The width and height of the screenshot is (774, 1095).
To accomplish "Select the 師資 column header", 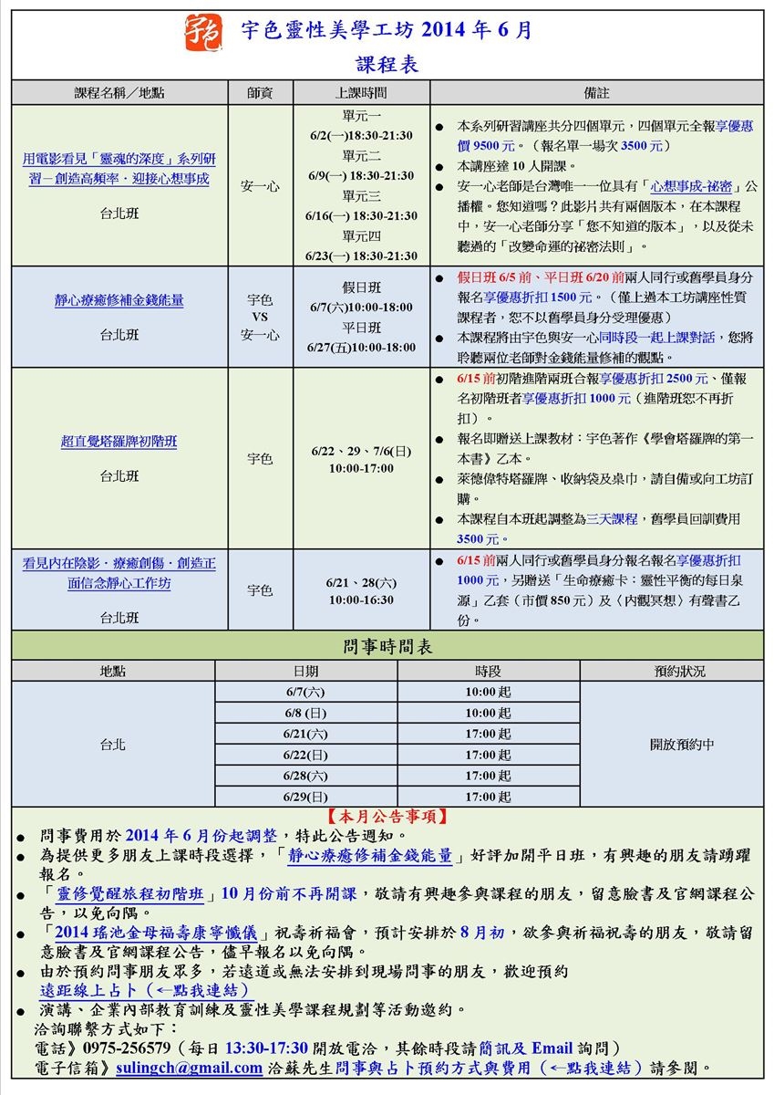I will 260,93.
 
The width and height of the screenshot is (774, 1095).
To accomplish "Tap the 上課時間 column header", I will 361,93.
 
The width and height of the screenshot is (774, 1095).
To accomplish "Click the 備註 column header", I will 597,93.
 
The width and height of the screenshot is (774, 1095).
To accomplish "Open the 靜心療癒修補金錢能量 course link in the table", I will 119,299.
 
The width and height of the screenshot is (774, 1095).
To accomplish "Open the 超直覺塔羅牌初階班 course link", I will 119,443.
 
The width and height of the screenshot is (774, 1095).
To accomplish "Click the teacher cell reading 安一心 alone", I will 260,186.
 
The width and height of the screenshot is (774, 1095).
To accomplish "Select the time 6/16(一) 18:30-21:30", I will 361,216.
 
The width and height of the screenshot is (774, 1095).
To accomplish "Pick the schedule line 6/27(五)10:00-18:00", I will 361,348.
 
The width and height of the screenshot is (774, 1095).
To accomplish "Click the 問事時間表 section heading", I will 387,647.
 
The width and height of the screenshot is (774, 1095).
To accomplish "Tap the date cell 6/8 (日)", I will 305,713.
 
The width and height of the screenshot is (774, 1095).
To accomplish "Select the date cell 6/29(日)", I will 305,797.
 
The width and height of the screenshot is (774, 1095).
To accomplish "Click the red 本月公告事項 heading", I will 387,816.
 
